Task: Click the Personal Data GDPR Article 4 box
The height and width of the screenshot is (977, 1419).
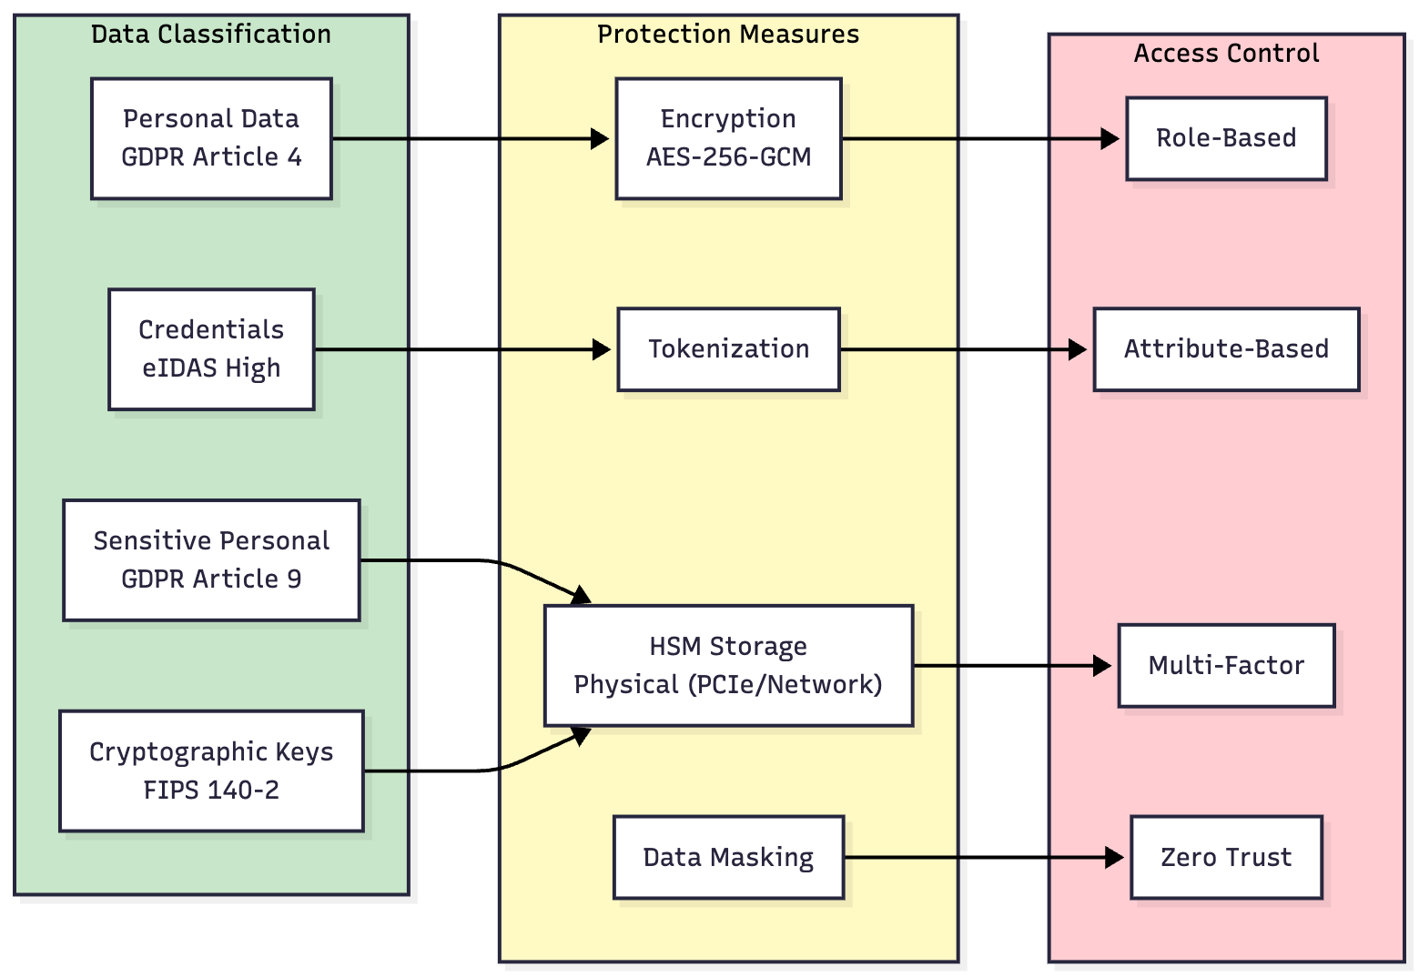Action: tap(211, 138)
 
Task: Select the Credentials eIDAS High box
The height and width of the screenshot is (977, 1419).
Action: tap(211, 349)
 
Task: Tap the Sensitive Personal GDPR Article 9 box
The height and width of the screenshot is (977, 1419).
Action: tap(211, 560)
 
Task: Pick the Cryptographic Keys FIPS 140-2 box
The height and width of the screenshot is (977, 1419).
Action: tap(211, 771)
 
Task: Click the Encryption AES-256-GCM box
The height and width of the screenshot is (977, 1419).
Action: tap(728, 138)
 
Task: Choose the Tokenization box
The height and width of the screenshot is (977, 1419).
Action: tap(728, 349)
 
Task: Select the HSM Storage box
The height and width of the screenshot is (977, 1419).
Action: tap(728, 666)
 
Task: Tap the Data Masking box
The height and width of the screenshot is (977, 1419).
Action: tap(728, 857)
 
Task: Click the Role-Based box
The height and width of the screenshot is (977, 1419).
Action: tap(1226, 138)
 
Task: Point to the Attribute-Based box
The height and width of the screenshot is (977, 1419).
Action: tap(1226, 349)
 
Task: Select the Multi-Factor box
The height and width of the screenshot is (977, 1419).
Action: tap(1226, 666)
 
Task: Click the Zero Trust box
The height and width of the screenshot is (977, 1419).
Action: tap(1226, 857)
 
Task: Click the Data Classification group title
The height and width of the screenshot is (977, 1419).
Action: tap(211, 35)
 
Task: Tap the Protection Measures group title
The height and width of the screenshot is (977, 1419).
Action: tap(728, 35)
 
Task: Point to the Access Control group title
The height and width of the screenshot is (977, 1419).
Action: tap(1226, 54)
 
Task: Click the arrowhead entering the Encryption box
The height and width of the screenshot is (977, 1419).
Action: tap(601, 138)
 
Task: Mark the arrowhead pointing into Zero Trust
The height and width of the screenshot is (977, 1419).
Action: tap(1115, 857)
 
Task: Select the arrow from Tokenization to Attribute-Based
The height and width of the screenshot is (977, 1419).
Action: tap(956, 349)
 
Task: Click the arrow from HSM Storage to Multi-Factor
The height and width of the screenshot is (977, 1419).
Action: tap(1010, 666)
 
